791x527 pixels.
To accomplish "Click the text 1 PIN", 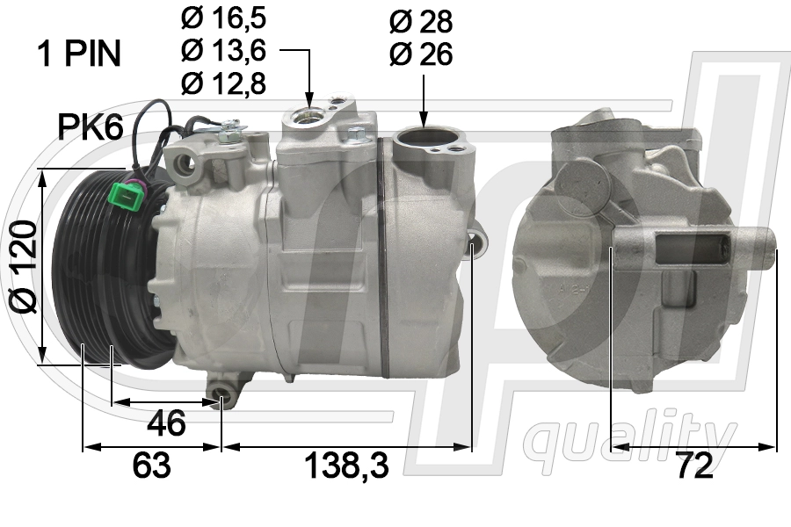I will (x=78, y=54).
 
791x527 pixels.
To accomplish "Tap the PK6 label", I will (x=90, y=128).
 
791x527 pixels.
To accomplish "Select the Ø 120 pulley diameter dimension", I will (x=24, y=267).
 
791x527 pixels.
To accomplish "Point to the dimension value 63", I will (x=151, y=466).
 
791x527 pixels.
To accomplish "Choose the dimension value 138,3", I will (x=347, y=466).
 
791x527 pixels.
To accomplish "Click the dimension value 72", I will (x=693, y=466).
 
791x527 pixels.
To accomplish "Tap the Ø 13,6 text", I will (x=224, y=52).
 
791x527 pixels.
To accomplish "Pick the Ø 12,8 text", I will (x=224, y=83).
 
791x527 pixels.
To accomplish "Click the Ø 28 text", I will (x=420, y=21).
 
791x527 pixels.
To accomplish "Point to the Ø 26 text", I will (x=420, y=54).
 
